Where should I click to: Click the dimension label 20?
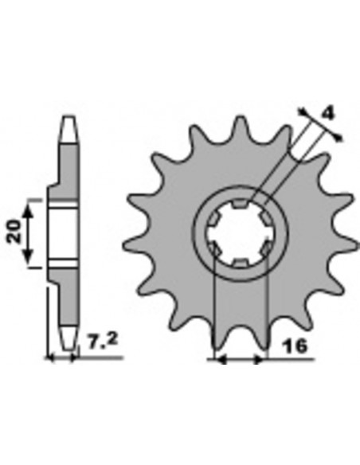coord(14,232)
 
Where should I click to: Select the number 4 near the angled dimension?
coord(328,113)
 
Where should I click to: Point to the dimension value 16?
coord(295,346)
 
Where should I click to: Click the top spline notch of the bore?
coord(240,204)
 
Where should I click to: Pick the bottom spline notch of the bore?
coord(241,262)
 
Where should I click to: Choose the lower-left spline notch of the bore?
coord(214,248)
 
